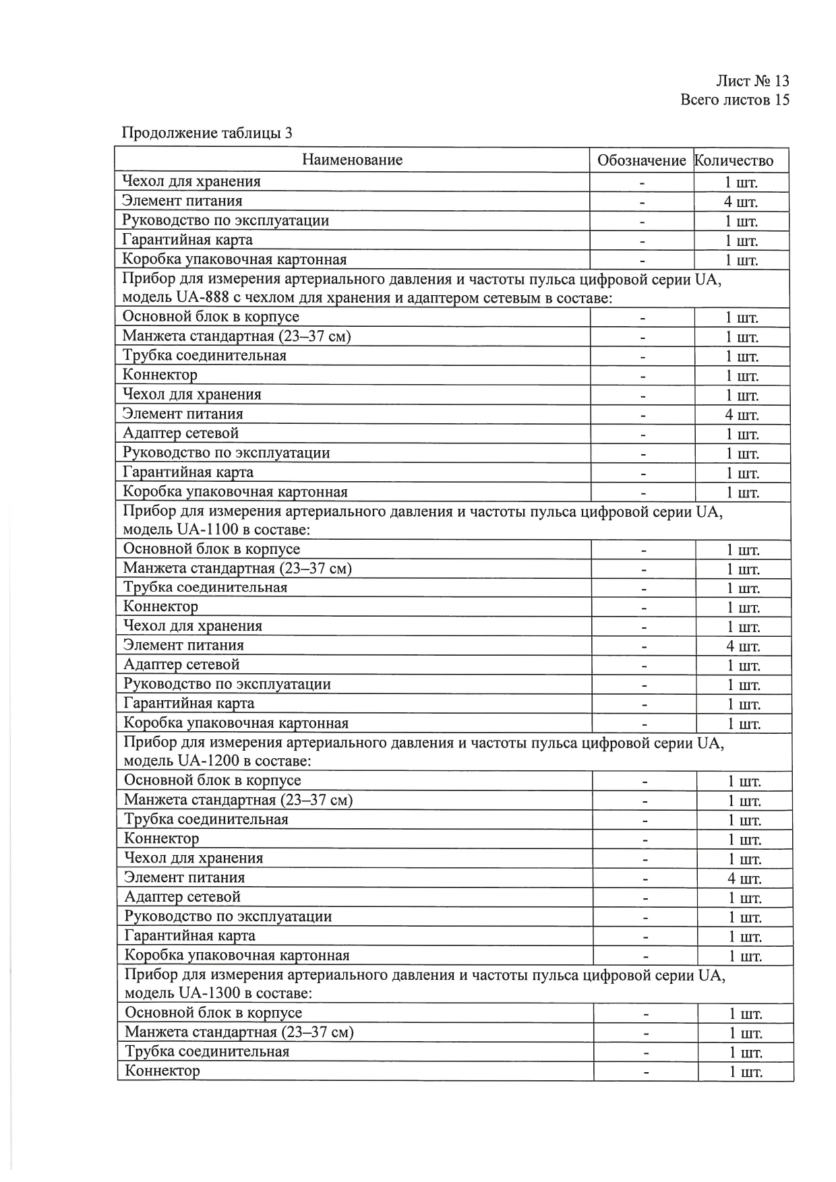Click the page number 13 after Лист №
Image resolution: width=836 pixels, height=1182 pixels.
point(781,81)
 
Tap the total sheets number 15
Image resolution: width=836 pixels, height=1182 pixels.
point(781,100)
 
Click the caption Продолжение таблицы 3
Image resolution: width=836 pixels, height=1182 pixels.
point(207,133)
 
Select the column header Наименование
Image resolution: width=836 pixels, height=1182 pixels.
point(352,160)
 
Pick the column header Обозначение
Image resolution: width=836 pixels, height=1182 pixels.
point(641,161)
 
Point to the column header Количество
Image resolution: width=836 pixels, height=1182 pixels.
point(734,161)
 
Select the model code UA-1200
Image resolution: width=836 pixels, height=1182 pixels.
point(207,761)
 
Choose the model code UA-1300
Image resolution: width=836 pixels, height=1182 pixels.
point(208,993)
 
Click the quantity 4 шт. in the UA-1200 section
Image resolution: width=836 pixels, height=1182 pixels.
point(744,879)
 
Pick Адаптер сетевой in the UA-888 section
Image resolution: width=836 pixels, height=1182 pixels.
point(181,433)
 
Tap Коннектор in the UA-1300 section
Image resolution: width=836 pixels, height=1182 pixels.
point(162,1071)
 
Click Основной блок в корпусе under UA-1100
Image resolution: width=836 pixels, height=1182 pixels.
point(212,549)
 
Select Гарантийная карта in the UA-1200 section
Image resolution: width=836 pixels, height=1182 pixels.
point(190,935)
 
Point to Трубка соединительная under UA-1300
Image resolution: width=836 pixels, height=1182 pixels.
point(207,1051)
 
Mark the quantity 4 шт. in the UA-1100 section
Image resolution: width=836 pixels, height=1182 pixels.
point(743,647)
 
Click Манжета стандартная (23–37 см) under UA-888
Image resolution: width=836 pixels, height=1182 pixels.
point(237,336)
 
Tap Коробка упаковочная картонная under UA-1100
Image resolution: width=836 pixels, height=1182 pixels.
point(236,724)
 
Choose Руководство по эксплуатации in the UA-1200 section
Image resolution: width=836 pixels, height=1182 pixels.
point(228,916)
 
